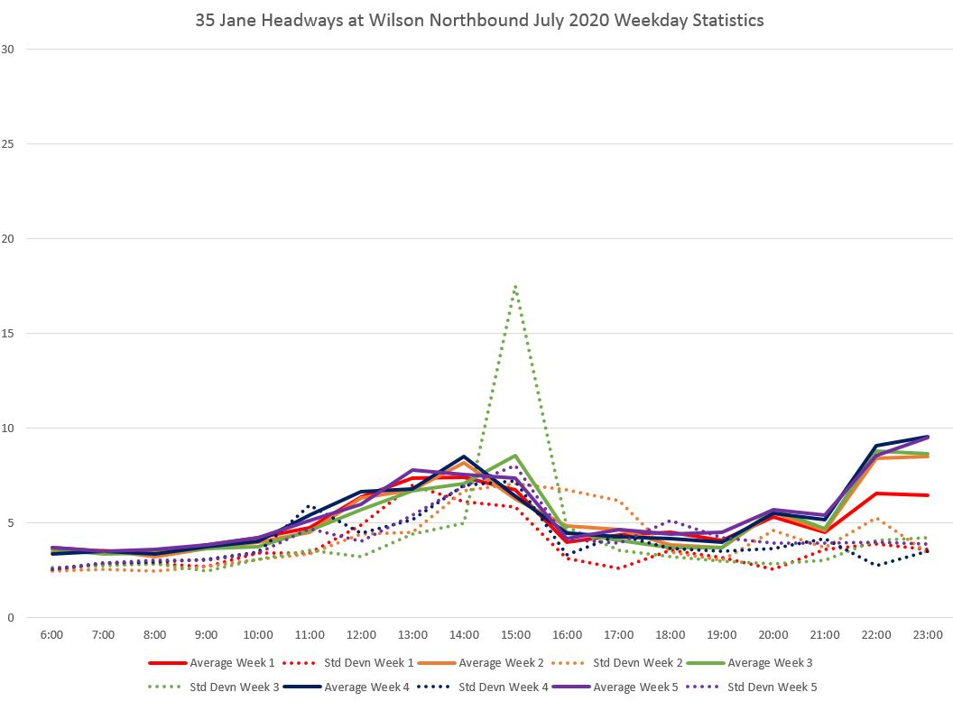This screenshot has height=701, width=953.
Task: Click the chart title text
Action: click(479, 20)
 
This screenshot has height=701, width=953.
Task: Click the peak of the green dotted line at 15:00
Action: click(514, 286)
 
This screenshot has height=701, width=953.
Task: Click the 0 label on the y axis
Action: click(11, 618)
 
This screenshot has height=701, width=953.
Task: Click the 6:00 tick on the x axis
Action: click(51, 635)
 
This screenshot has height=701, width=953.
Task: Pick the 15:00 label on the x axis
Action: click(515, 635)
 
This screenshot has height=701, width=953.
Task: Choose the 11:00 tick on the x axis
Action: click(310, 635)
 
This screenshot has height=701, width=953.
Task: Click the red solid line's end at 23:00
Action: click(928, 495)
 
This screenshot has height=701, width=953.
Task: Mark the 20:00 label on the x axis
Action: click(773, 635)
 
